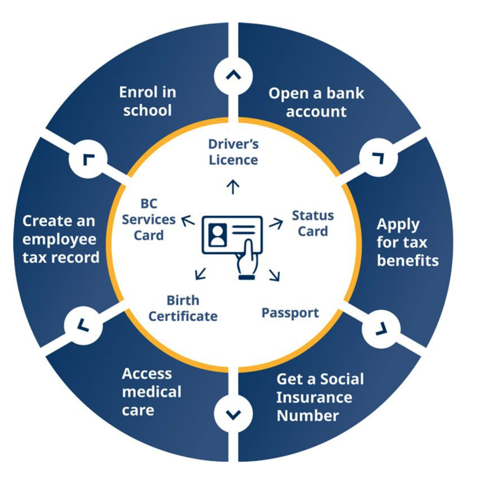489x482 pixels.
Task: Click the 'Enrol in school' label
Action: coord(148,101)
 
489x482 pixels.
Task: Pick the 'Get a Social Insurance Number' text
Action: coord(320,397)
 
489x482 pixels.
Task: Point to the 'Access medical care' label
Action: coord(152,392)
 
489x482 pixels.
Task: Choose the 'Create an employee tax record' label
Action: coord(61,239)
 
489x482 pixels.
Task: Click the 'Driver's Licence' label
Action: coord(233,152)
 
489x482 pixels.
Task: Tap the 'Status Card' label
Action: coord(313,223)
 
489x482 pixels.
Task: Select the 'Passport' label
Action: coord(290,313)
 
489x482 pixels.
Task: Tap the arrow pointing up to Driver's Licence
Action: coord(233,186)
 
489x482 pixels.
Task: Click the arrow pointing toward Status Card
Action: coord(276,223)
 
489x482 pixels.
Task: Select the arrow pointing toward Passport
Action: coord(276,275)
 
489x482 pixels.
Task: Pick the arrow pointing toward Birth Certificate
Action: coord(200,273)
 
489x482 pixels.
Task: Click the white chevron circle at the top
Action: coord(234,75)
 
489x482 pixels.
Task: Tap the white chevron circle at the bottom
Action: coord(234,415)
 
